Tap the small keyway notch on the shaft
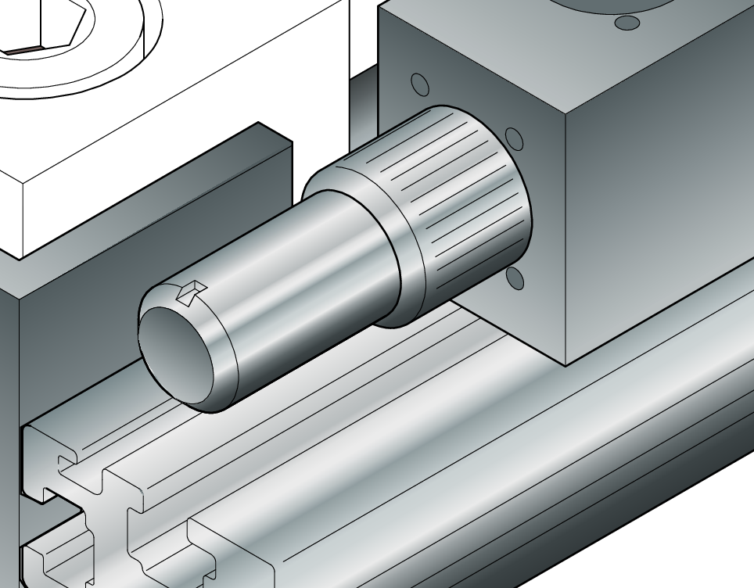[x=188, y=293]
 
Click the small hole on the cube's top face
[x=627, y=23]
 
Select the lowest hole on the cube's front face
[x=515, y=277]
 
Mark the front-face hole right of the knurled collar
[x=514, y=139]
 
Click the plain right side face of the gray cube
[x=665, y=195]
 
